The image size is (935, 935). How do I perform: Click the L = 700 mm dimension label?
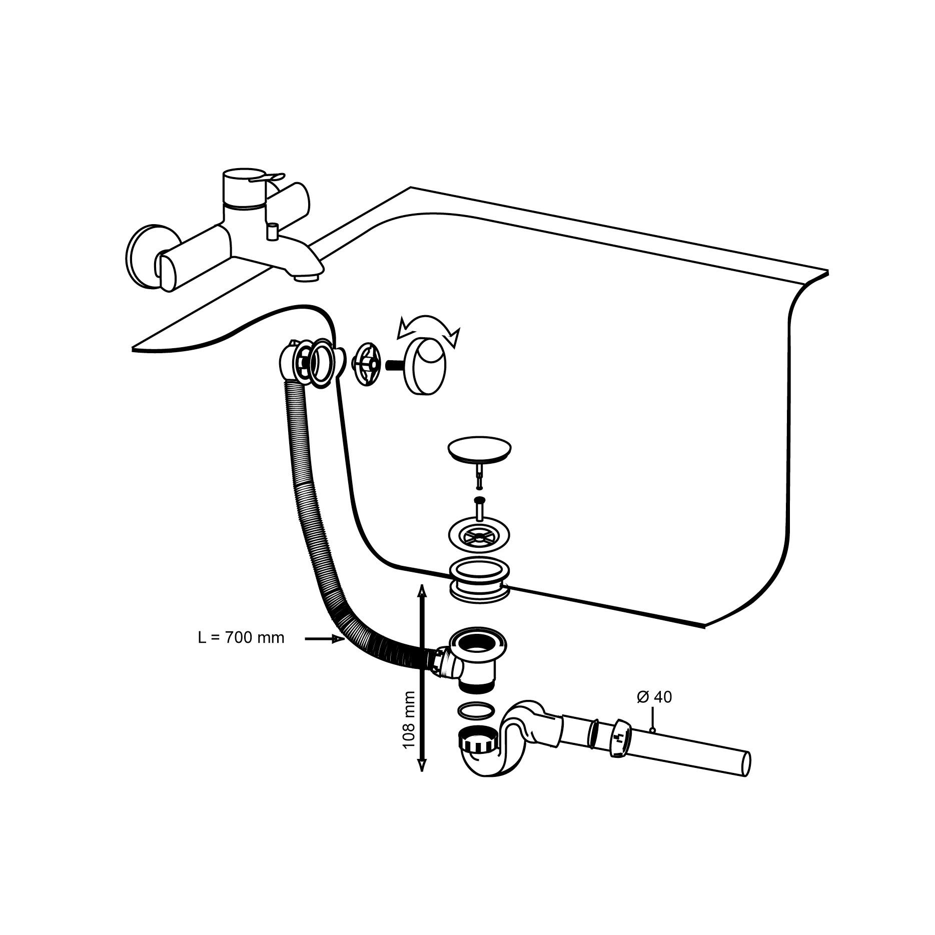(241, 638)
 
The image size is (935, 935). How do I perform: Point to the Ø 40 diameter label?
(654, 697)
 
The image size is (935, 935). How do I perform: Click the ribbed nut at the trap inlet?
(478, 746)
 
